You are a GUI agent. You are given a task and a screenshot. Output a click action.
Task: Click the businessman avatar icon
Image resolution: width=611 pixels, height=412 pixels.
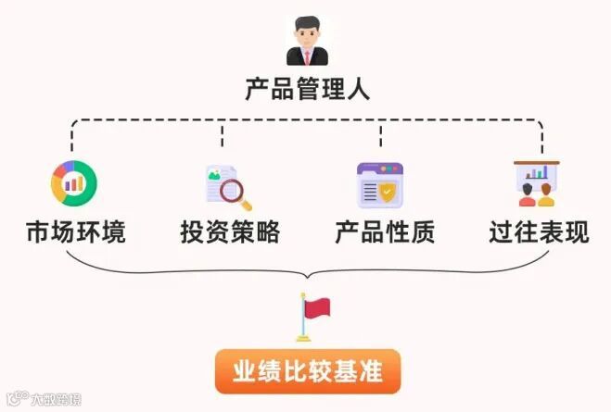pos(307,41)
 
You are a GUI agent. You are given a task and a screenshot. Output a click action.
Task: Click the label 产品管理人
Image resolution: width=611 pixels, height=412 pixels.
pos(307,90)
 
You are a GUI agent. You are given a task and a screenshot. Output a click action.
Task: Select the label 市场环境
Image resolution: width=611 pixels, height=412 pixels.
pos(75,231)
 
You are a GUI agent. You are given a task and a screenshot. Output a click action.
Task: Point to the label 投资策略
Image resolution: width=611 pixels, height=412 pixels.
pos(229,231)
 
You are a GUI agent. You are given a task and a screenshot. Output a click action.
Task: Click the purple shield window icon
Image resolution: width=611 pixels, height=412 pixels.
pos(380,184)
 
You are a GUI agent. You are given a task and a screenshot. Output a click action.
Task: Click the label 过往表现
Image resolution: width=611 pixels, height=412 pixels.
pos(539,231)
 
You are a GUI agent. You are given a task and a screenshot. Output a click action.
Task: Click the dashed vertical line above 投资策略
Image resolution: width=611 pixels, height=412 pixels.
pos(223,137)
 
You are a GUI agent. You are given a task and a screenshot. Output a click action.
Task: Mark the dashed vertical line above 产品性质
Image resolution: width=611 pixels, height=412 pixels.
pos(381,137)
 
